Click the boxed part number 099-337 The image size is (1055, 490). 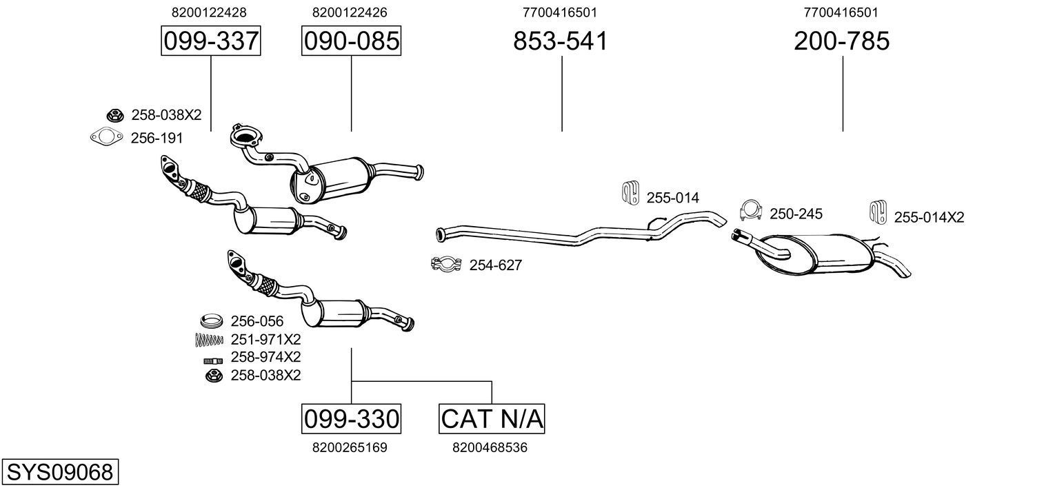[x=210, y=41]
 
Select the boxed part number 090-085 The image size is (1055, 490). [x=351, y=41]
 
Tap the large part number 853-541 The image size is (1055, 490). [x=561, y=41]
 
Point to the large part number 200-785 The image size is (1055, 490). [x=841, y=41]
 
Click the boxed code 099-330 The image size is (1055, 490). [x=351, y=418]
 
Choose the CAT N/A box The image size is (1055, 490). [x=492, y=418]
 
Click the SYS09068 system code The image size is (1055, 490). [x=59, y=473]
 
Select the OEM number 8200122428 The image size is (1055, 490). [x=209, y=12]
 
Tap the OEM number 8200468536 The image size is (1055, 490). [x=490, y=448]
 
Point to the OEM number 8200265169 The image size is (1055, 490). [x=350, y=448]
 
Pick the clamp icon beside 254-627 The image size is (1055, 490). [x=445, y=265]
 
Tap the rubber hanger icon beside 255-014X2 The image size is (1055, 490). [x=878, y=214]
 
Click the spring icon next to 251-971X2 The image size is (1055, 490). [x=210, y=339]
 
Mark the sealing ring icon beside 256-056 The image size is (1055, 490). [x=212, y=320]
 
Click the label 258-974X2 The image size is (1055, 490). [x=265, y=357]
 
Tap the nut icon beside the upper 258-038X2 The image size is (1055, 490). [x=114, y=115]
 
